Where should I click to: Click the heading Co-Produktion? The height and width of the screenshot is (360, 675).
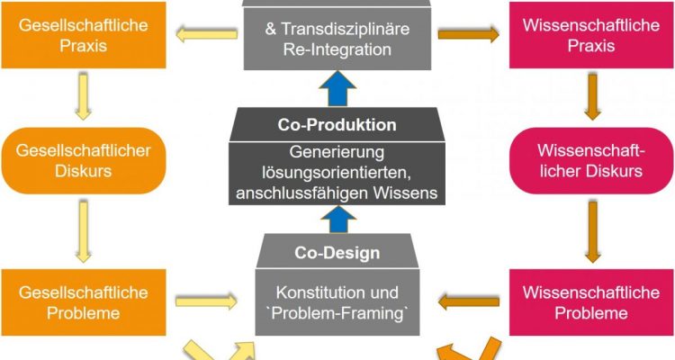(x=337, y=125)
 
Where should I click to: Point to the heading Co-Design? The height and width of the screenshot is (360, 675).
(x=337, y=253)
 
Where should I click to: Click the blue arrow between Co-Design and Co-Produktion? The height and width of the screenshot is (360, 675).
(x=337, y=217)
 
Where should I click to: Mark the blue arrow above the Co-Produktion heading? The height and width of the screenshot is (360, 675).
(x=337, y=90)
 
